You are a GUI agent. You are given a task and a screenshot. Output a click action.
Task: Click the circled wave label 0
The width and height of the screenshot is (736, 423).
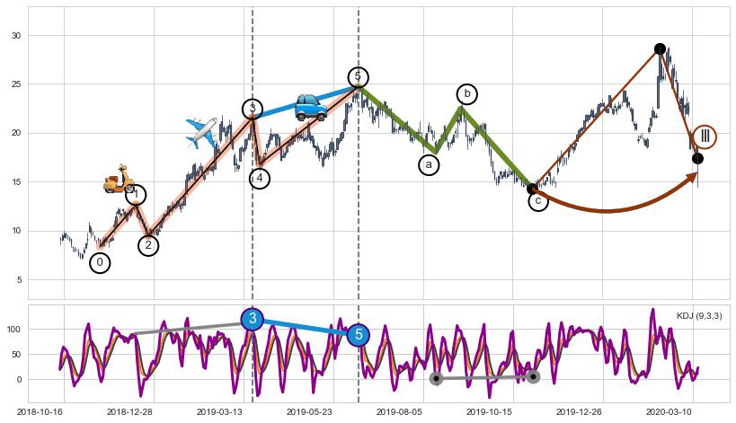[x=100, y=263]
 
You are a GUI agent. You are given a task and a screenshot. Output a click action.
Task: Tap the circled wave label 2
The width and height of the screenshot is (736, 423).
[x=149, y=245]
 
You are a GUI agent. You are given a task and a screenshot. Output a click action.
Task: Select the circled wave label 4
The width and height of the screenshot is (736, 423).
[x=260, y=178]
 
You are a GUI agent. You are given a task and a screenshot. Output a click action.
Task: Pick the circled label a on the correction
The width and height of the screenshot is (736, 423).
[x=429, y=165]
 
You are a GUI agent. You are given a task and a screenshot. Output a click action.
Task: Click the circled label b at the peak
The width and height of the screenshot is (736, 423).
[x=466, y=94]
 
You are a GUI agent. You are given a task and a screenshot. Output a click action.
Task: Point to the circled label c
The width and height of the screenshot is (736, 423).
[x=537, y=201]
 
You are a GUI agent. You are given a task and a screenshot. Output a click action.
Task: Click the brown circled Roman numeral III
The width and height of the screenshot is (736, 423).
[x=705, y=137]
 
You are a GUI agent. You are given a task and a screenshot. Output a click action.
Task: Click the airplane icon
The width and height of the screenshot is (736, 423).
[x=202, y=132]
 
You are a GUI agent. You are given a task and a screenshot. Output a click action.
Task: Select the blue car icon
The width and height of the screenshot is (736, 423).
[x=311, y=107]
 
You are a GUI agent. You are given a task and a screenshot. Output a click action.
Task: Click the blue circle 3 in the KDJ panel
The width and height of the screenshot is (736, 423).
[x=253, y=319]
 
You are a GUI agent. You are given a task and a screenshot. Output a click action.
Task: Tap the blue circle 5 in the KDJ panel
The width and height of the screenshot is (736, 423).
[x=359, y=335]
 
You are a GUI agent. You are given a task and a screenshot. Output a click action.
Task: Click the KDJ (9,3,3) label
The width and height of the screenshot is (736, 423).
[x=699, y=316]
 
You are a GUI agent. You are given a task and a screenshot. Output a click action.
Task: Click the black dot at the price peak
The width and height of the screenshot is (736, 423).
[x=660, y=48]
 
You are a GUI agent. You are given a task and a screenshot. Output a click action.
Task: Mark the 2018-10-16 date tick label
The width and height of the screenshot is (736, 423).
[x=40, y=411]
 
